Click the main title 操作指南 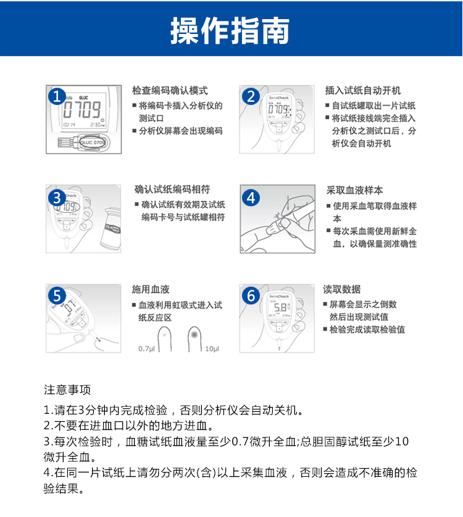coord(230,30)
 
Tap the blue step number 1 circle coord(57,96)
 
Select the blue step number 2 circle coord(251,96)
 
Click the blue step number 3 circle coord(57,198)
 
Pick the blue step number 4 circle coord(251,198)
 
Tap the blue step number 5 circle coord(57,295)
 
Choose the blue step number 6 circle coord(251,295)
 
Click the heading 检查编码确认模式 coord(170,90)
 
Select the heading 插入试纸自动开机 coord(363,90)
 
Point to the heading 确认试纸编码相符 coord(172,190)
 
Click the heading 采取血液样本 coord(354,190)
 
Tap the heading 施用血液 coord(151,290)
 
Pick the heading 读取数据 coord(342,290)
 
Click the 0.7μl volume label coord(146,349)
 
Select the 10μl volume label coord(212,349)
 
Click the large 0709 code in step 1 coord(81,109)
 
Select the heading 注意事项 coord(67,390)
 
